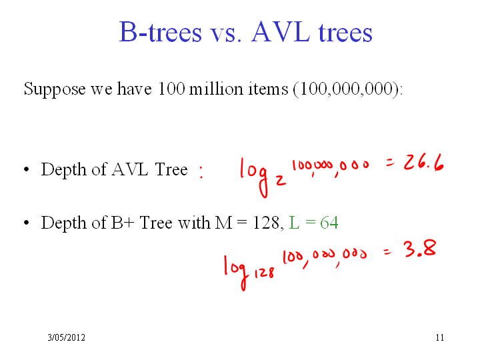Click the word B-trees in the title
click(161, 31)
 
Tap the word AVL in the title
click(281, 31)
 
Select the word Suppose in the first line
click(55, 89)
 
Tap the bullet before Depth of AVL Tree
click(26, 169)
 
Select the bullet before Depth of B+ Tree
click(26, 223)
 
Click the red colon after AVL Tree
click(201, 171)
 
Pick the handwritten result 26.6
click(424, 162)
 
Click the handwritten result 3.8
click(420, 249)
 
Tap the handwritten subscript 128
click(264, 272)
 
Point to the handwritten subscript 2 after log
click(281, 180)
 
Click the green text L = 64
click(313, 222)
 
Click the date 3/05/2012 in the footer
click(67, 337)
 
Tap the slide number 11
click(440, 337)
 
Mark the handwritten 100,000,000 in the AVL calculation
click(330, 167)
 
